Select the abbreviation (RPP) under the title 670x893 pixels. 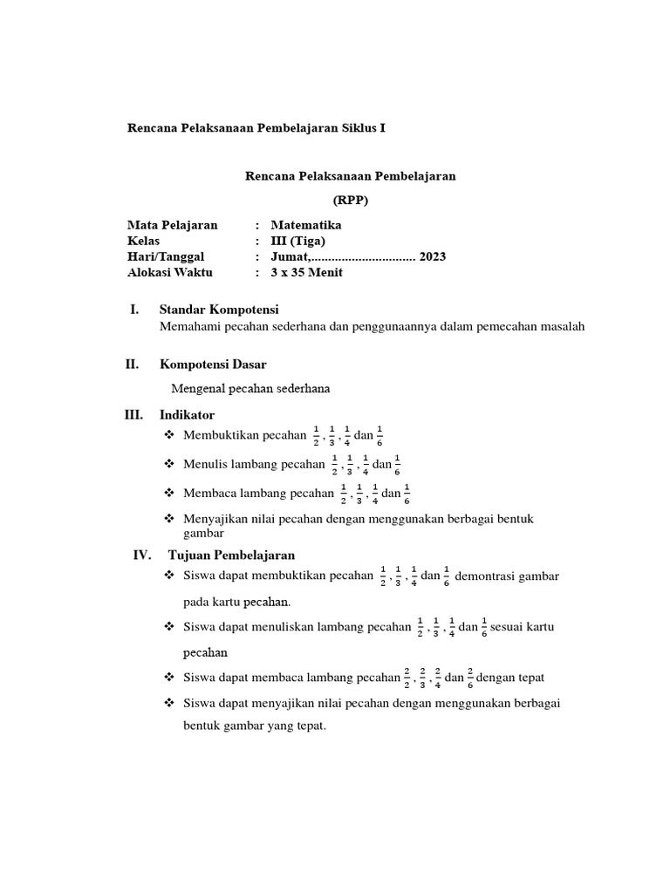pyautogui.click(x=349, y=200)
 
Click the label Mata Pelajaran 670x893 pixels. pyautogui.click(x=172, y=225)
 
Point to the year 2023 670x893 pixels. pyautogui.click(x=433, y=256)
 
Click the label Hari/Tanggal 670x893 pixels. pyautogui.click(x=166, y=256)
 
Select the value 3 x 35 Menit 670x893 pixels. pyautogui.click(x=307, y=272)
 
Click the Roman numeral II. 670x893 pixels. pyautogui.click(x=133, y=364)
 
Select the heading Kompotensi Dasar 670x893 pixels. pyautogui.click(x=213, y=364)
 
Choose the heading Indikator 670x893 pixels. pyautogui.click(x=187, y=414)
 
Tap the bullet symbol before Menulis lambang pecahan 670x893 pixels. pyautogui.click(x=169, y=464)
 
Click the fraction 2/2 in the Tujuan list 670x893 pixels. pyautogui.click(x=407, y=677)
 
